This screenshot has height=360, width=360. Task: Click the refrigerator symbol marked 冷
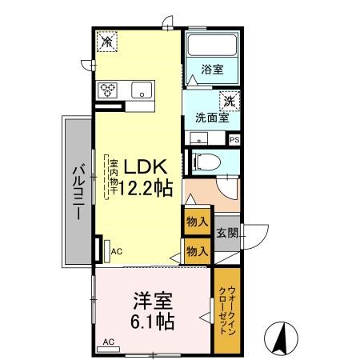click(x=106, y=42)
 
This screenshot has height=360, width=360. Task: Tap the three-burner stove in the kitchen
click(x=108, y=90)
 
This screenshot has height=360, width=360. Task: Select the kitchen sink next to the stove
click(x=142, y=90)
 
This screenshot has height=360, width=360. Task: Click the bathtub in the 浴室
click(x=212, y=45)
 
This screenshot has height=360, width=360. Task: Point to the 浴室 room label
click(x=212, y=70)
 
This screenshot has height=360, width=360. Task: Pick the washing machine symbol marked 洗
click(x=230, y=101)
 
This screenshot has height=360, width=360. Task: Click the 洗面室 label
click(x=212, y=118)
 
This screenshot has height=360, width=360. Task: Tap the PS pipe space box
click(x=234, y=140)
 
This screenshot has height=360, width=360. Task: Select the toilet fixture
click(x=206, y=162)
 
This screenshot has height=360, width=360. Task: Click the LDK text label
click(x=145, y=166)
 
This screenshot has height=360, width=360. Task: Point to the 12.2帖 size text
click(x=146, y=188)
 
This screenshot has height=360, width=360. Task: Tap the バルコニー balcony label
click(x=79, y=193)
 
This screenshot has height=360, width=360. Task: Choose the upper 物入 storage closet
click(x=198, y=222)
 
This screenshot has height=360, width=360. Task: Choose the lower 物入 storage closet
click(x=198, y=251)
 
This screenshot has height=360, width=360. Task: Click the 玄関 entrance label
click(x=227, y=234)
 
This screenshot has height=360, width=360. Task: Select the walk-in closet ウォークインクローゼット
click(x=227, y=310)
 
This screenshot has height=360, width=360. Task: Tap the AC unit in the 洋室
click(x=109, y=350)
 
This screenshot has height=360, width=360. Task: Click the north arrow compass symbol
click(x=281, y=338)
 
